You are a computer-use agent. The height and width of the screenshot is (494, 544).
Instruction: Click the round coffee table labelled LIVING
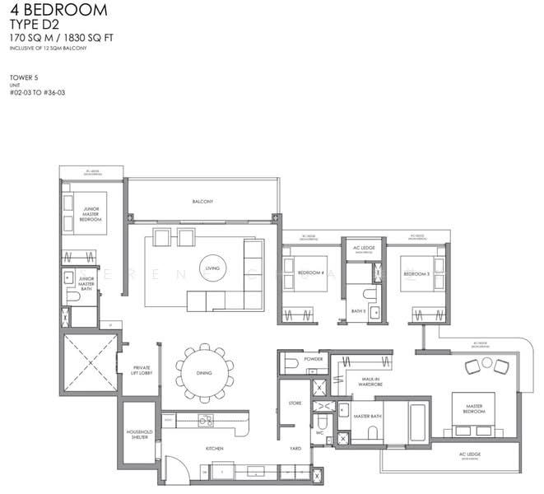(x=213, y=268)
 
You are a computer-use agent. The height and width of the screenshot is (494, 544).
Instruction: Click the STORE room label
(x=295, y=403)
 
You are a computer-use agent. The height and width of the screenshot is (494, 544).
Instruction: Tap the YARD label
(x=295, y=449)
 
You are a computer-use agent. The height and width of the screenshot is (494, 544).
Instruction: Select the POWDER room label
(x=313, y=360)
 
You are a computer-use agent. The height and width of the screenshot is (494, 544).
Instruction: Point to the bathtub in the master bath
(x=416, y=422)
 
